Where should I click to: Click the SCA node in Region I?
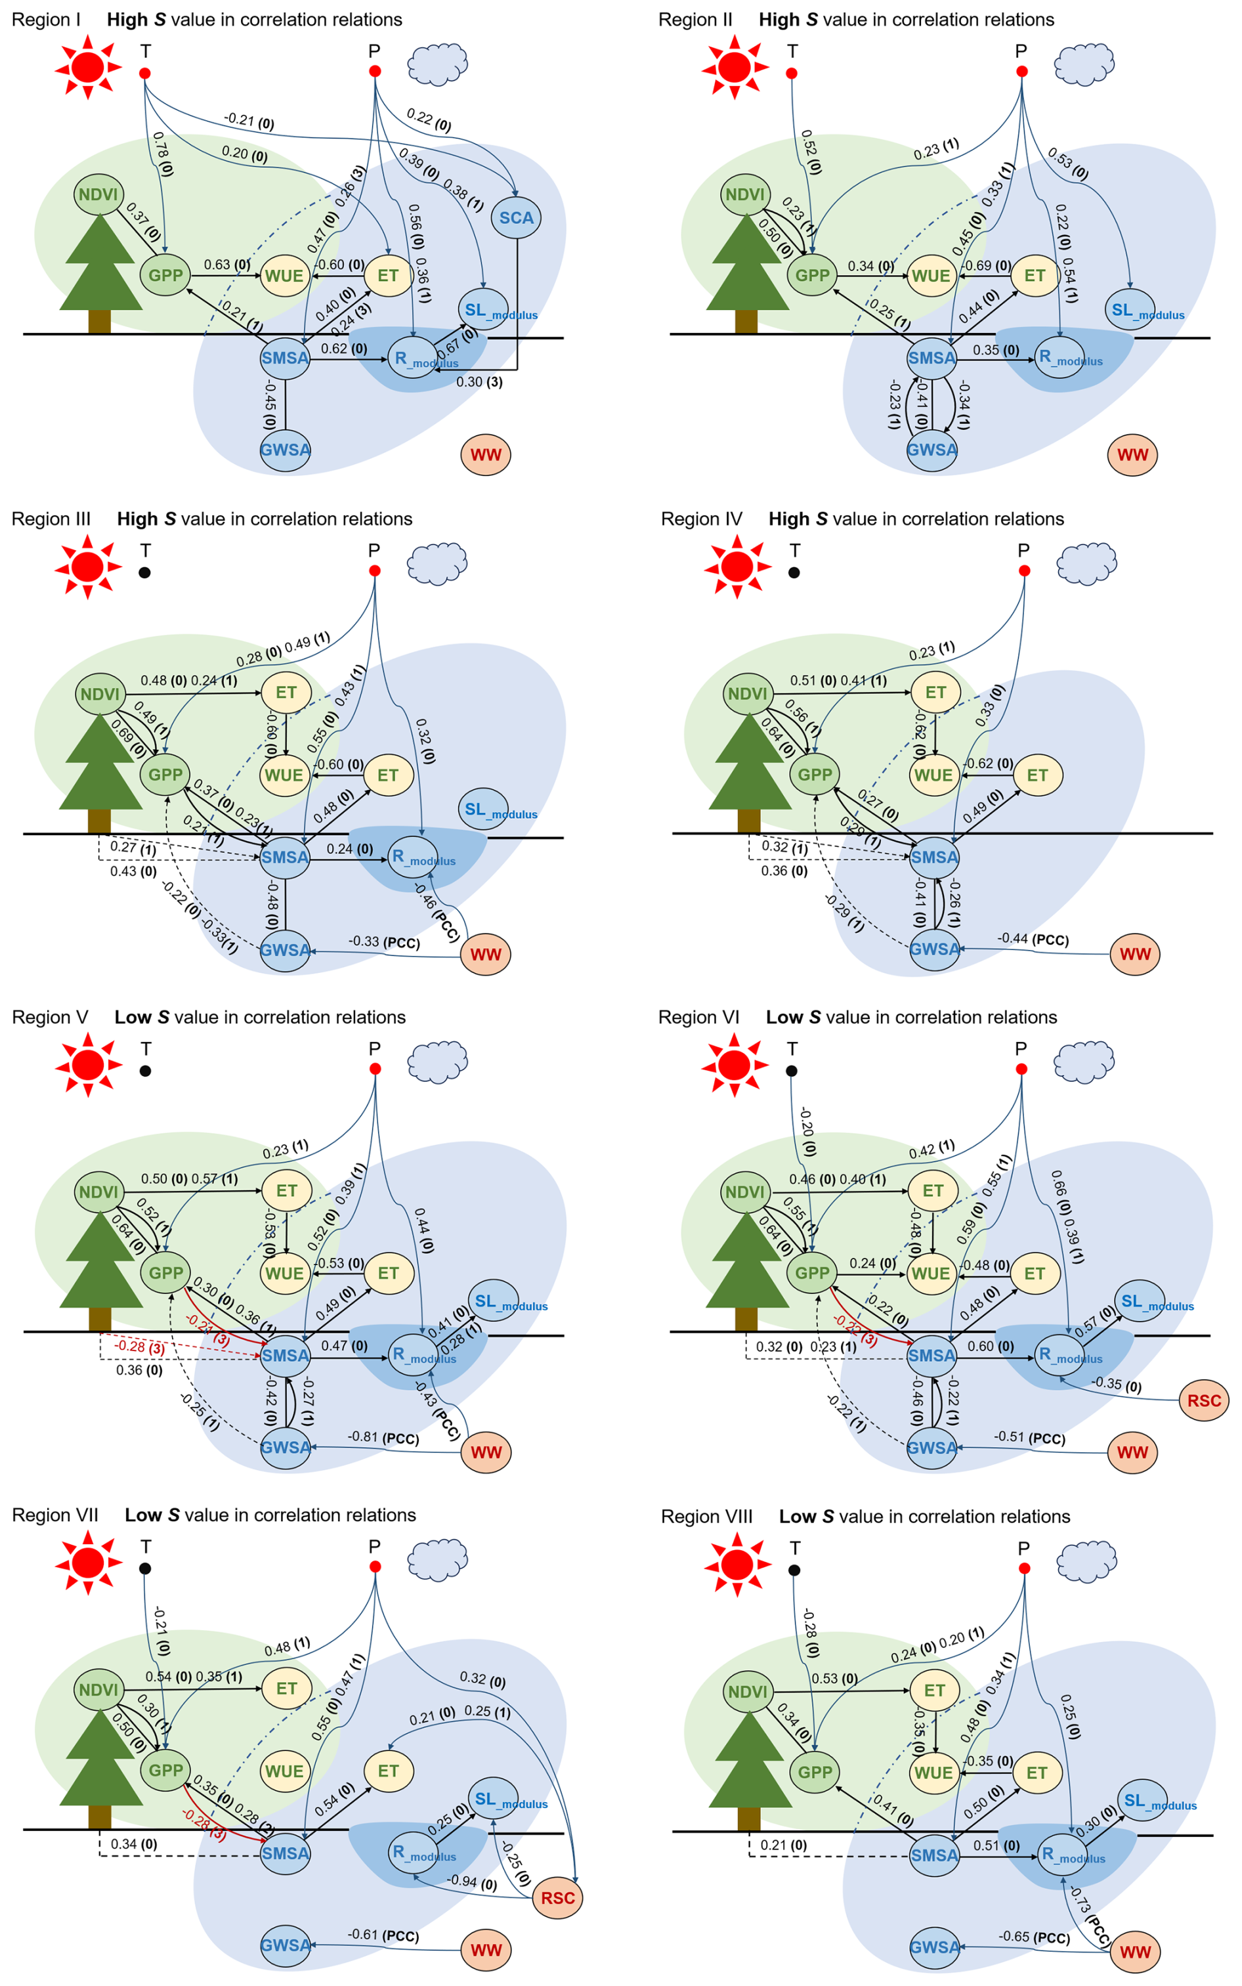(x=516, y=218)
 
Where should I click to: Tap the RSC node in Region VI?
(x=1203, y=1400)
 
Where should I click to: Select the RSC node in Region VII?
(x=558, y=1897)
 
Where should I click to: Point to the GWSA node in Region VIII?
(x=934, y=1947)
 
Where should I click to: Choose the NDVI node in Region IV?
(x=746, y=694)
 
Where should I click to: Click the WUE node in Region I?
(x=284, y=275)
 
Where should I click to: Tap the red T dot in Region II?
(x=792, y=73)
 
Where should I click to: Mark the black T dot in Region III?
(x=144, y=572)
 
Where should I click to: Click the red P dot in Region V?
(x=375, y=1069)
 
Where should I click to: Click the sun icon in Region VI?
(x=735, y=1066)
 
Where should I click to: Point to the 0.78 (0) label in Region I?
(x=163, y=154)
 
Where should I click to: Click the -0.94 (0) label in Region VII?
(x=471, y=1881)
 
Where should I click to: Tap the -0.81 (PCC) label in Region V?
(x=383, y=1437)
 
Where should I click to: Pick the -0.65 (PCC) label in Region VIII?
(x=1033, y=1937)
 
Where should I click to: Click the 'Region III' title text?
(x=51, y=519)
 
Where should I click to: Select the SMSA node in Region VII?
(x=284, y=1853)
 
